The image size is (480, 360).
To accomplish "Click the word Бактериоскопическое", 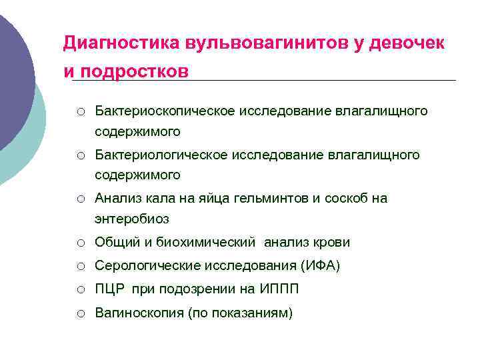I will click(x=165, y=110).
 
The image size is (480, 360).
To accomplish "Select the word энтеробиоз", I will click(x=132, y=219).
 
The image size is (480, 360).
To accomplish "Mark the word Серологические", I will click(x=142, y=266).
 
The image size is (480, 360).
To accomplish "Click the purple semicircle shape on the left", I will click(x=13, y=80).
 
